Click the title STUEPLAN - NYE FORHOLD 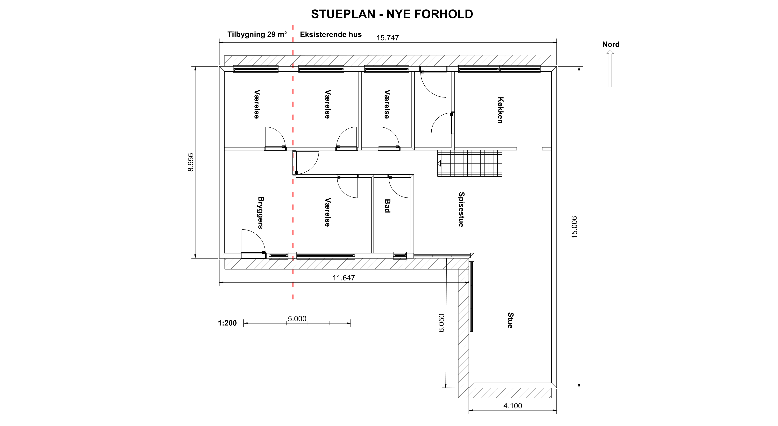point(392,14)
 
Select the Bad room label point(387,206)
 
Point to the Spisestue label point(461,209)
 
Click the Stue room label point(510,320)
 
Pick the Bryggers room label point(261,213)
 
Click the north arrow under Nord point(610,69)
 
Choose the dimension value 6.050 point(442,323)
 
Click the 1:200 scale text point(227,323)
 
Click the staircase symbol point(470,163)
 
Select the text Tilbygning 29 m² point(257,34)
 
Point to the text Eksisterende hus point(331,34)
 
